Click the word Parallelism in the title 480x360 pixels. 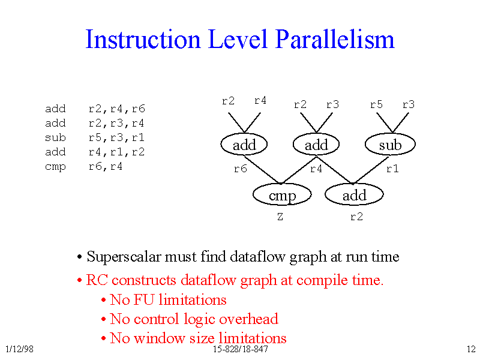tap(335, 39)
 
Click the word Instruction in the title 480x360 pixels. tap(143, 39)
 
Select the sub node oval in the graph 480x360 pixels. tap(391, 144)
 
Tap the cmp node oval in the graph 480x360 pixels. tap(282, 194)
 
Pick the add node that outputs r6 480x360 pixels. tap(244, 144)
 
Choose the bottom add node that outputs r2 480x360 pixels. tap(354, 194)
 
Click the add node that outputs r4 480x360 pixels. tap(316, 144)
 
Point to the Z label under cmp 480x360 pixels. tap(280, 217)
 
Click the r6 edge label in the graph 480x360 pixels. tap(241, 169)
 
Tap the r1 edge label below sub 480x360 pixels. tap(392, 169)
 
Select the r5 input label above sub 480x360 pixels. tap(376, 104)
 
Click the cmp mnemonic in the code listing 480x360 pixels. tap(55, 167)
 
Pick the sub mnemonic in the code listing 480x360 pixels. tap(55, 137)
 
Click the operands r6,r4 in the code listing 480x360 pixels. tap(106, 167)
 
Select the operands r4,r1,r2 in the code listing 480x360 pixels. tap(116, 152)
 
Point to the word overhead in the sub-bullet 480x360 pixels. tap(249, 319)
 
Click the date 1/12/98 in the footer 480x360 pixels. tap(20, 349)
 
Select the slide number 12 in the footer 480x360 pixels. tap(471, 349)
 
